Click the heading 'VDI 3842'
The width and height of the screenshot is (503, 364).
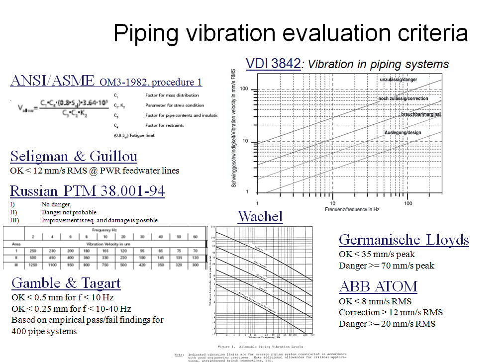coord(273,64)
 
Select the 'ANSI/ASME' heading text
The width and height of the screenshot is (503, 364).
coord(52,81)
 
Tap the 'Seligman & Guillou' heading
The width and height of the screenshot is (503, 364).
coord(74,157)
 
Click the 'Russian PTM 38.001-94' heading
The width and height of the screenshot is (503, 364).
coord(88,191)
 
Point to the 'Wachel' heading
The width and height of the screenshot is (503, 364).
coord(260,216)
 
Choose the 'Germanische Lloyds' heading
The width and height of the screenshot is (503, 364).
coord(403,240)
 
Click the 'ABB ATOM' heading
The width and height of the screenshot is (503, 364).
coord(378,286)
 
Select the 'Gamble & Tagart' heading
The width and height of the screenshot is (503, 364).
coord(66,283)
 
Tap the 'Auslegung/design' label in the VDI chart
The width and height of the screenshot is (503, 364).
coord(402,133)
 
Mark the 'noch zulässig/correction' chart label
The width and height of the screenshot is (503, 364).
coord(403,98)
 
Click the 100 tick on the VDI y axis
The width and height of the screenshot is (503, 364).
coord(244,90)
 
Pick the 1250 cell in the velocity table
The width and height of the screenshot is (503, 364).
coord(33,266)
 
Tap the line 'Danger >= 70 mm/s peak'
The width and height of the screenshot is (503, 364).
coord(386,266)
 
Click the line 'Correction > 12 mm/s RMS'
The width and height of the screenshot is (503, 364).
coord(391,312)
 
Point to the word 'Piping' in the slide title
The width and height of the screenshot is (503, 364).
coord(146,33)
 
